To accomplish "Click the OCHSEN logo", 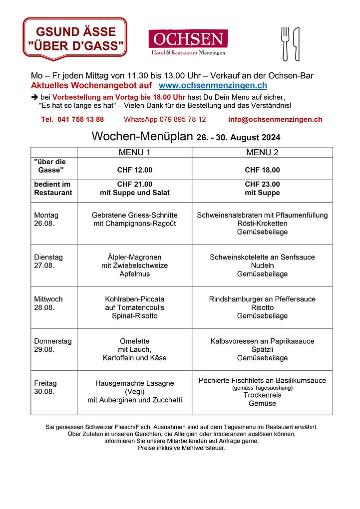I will (188, 42).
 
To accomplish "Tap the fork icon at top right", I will (285, 43).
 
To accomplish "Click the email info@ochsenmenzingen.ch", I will (275, 120).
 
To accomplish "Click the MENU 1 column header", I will (134, 152).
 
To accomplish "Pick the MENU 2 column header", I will (262, 152).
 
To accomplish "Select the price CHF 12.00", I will (134, 170).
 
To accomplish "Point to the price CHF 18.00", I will (262, 170).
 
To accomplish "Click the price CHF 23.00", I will (262, 184).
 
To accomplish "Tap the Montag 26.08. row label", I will (46, 220).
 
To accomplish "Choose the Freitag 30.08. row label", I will (45, 388).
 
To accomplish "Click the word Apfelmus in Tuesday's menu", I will (134, 274).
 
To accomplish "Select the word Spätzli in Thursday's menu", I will (262, 350).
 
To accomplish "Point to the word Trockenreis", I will (262, 395).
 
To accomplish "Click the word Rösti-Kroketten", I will (262, 224).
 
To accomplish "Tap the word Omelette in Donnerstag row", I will (134, 341).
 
